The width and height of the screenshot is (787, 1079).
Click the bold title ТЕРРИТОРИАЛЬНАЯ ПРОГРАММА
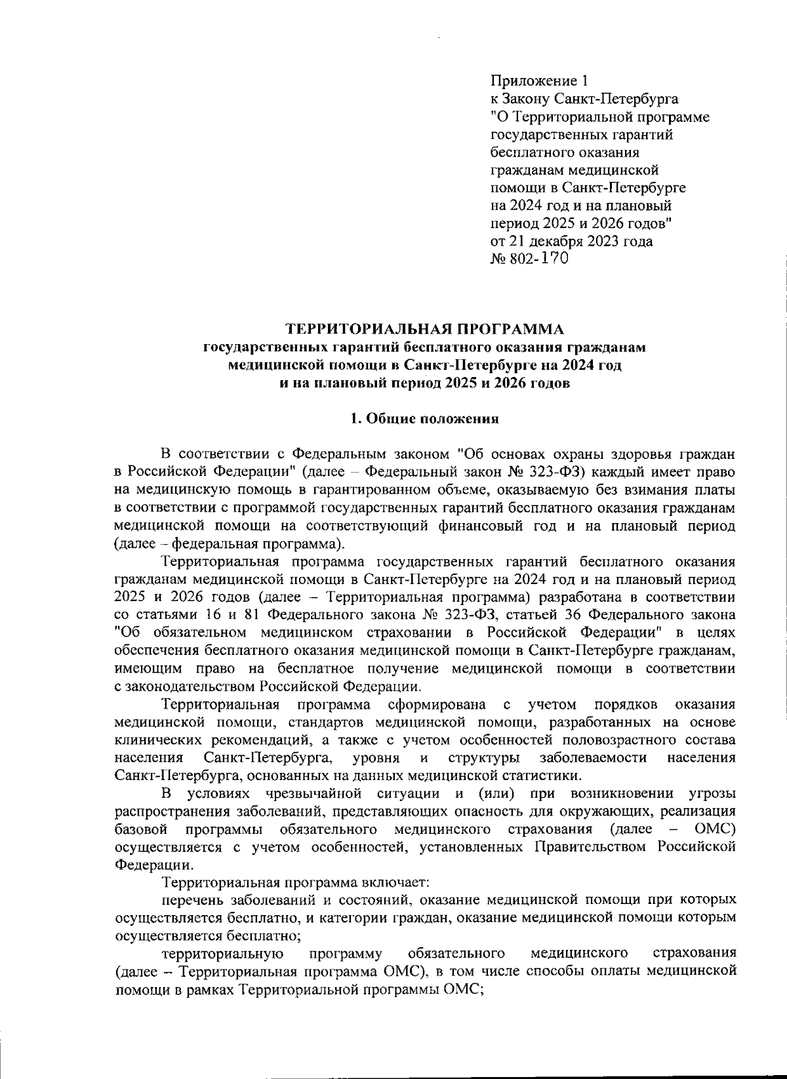pos(426,328)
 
